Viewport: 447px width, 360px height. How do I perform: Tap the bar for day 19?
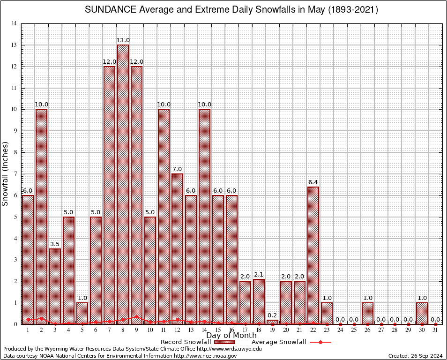pyautogui.click(x=272, y=322)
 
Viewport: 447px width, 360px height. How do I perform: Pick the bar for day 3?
pyautogui.click(x=55, y=286)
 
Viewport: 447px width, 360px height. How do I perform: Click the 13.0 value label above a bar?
pyautogui.click(x=123, y=40)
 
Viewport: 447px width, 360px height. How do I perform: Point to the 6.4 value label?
pyautogui.click(x=313, y=182)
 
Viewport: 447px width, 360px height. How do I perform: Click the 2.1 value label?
pyautogui.click(x=259, y=274)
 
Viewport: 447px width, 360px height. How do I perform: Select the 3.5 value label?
pyautogui.click(x=55, y=244)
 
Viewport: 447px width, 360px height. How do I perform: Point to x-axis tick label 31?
pyautogui.click(x=435, y=330)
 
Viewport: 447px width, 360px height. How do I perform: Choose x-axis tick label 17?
pyautogui.click(x=245, y=330)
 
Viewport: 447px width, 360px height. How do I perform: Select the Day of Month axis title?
pyautogui.click(x=231, y=336)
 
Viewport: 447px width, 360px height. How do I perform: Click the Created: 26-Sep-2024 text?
pyautogui.click(x=416, y=356)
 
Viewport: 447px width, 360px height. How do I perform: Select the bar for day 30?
pyautogui.click(x=422, y=313)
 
